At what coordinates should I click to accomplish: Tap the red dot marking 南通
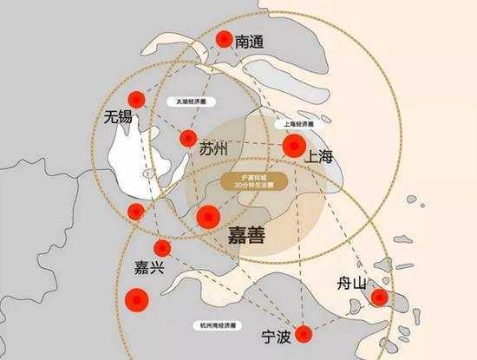[225, 40]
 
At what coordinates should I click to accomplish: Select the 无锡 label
[117, 116]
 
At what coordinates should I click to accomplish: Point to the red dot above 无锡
[134, 99]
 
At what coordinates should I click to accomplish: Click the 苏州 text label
[212, 149]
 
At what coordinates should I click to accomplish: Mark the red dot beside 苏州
[187, 138]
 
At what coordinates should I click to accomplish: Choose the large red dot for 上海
[296, 145]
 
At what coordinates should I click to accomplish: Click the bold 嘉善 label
[245, 237]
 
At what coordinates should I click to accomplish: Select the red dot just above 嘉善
[209, 216]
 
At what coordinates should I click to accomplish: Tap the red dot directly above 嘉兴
[162, 249]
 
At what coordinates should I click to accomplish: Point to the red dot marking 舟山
[379, 298]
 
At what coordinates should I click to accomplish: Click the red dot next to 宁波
[304, 333]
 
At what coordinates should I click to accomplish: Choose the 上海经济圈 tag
[298, 124]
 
